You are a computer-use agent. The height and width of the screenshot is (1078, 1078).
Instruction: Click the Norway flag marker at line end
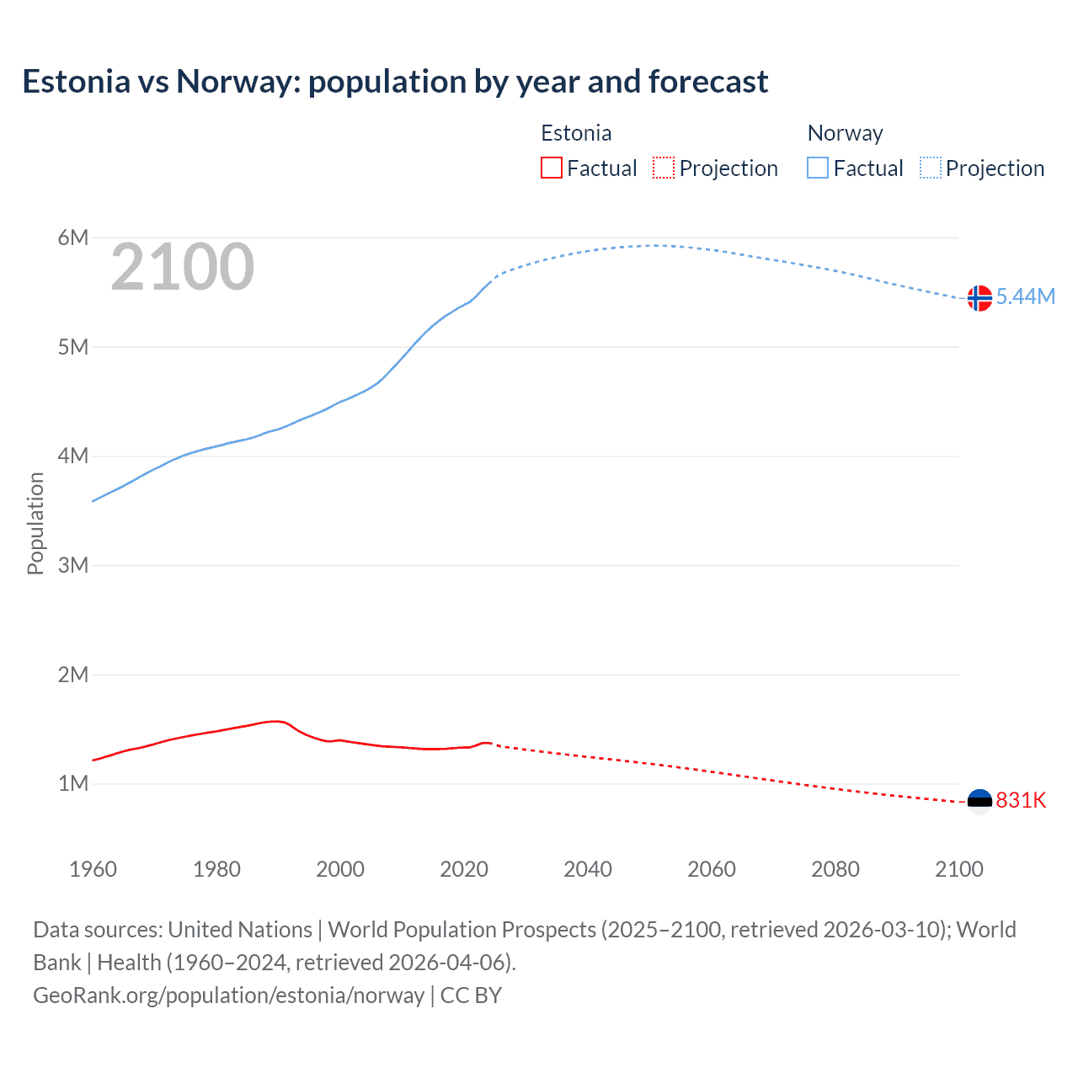(x=979, y=298)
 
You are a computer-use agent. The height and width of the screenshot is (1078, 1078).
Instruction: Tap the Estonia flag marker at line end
(x=979, y=801)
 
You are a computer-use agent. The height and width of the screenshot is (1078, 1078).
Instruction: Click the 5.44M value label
(x=1026, y=296)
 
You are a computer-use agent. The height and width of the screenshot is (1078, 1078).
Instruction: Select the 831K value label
(x=1021, y=800)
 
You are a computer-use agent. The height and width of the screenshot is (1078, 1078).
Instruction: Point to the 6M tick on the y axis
(x=73, y=237)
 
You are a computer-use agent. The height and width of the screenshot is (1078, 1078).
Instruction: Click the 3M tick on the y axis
(x=73, y=565)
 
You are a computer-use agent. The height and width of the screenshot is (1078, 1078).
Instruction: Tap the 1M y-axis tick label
(x=73, y=783)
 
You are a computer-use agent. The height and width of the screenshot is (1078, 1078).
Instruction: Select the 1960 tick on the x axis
(x=93, y=869)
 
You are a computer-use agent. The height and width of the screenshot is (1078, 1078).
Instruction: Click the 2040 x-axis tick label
(x=588, y=869)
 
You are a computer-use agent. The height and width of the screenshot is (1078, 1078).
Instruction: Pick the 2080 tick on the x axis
(x=835, y=869)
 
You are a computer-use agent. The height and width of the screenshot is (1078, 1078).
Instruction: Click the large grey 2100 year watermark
(x=182, y=267)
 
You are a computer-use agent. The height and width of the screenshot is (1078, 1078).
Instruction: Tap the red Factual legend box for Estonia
(x=552, y=168)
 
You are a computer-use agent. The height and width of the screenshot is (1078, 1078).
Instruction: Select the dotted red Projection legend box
(x=664, y=168)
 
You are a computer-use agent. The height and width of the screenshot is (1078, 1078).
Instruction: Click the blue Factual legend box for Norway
(x=818, y=168)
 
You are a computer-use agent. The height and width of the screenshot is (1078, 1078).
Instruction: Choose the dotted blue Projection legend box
(x=931, y=168)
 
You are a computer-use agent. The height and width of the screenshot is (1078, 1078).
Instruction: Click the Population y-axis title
(x=35, y=523)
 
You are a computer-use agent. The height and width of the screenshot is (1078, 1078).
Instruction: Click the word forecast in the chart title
(x=707, y=82)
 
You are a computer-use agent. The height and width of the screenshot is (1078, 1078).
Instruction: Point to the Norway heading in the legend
(x=845, y=133)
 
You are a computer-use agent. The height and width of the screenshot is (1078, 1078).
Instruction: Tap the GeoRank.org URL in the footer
(x=228, y=995)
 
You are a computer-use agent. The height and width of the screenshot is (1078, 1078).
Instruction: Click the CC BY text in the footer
(x=471, y=995)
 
